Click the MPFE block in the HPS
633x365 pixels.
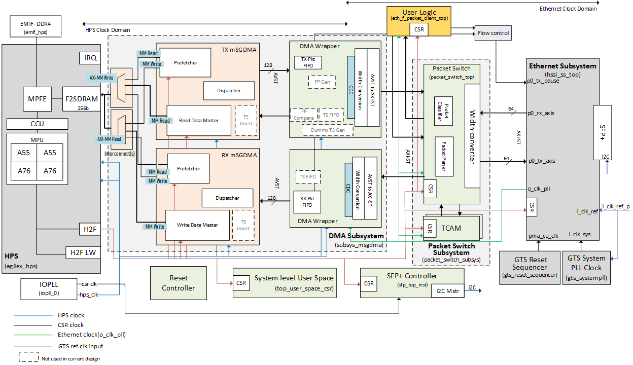[x=37, y=99]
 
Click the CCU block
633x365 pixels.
[x=37, y=124]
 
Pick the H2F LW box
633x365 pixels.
[x=83, y=252]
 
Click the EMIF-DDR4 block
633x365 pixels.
[x=36, y=26]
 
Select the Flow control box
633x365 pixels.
[x=493, y=33]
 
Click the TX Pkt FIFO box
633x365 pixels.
[x=308, y=62]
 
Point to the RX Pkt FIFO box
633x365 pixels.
[x=307, y=202]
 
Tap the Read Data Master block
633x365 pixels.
[x=199, y=121]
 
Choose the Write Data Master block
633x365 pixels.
[x=198, y=225]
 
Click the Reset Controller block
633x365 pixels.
[x=179, y=283]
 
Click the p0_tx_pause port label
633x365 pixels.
[x=543, y=81]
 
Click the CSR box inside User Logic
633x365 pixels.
[x=419, y=30]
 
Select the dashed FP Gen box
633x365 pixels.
[x=322, y=82]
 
